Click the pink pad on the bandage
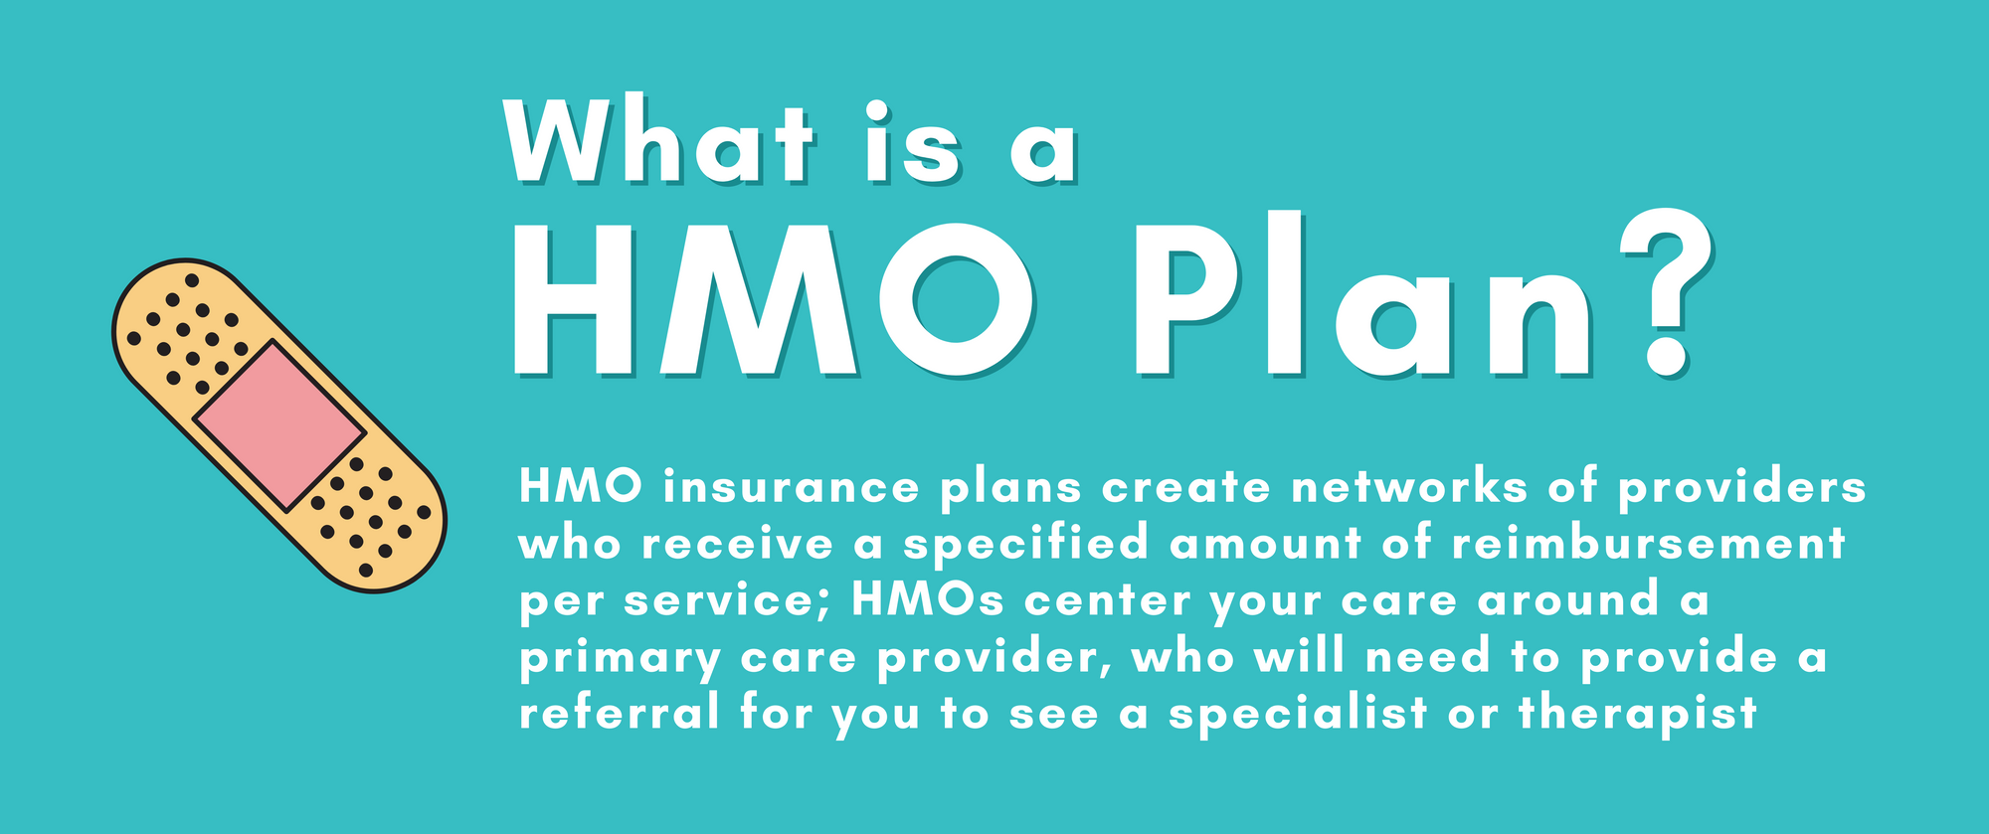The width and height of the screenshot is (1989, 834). (279, 425)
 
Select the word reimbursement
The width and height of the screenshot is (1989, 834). (1648, 544)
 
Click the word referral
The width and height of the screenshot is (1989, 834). (619, 714)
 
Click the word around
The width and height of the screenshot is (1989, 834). (1568, 600)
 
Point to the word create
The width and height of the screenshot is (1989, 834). (1186, 487)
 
